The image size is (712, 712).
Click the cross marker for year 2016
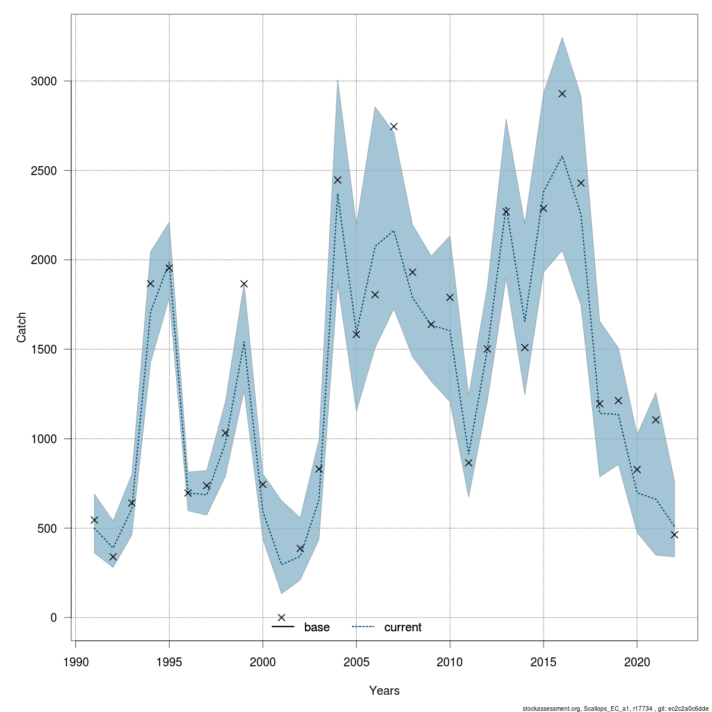562,94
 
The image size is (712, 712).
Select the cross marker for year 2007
393,126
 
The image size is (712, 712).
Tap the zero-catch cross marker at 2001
281,618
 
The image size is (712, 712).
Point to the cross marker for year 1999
244,284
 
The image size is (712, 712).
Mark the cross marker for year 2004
338,180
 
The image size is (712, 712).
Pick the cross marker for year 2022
674,535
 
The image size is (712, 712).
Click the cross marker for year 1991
94,520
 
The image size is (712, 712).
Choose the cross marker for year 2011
469,463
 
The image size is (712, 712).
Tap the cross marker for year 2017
581,183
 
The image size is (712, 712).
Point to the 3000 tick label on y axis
44,81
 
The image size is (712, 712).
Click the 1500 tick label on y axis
44,349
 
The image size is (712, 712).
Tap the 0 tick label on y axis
53,618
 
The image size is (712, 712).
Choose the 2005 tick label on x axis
357,662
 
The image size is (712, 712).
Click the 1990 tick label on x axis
75,662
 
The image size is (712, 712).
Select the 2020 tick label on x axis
637,662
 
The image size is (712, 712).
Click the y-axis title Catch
21,327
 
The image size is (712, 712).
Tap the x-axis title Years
384,691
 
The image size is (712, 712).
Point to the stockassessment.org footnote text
615,708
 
